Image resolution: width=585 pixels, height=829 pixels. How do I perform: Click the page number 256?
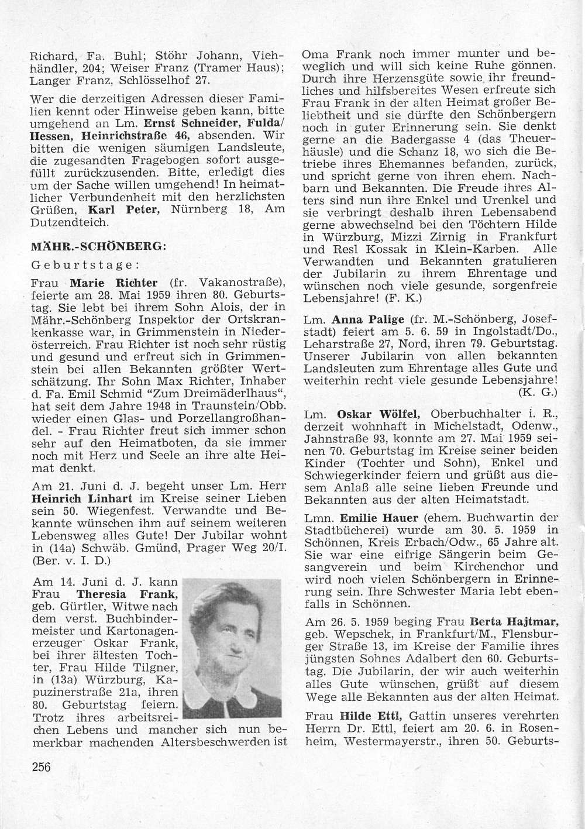40,767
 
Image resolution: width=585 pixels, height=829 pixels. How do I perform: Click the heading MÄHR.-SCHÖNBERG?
99,246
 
